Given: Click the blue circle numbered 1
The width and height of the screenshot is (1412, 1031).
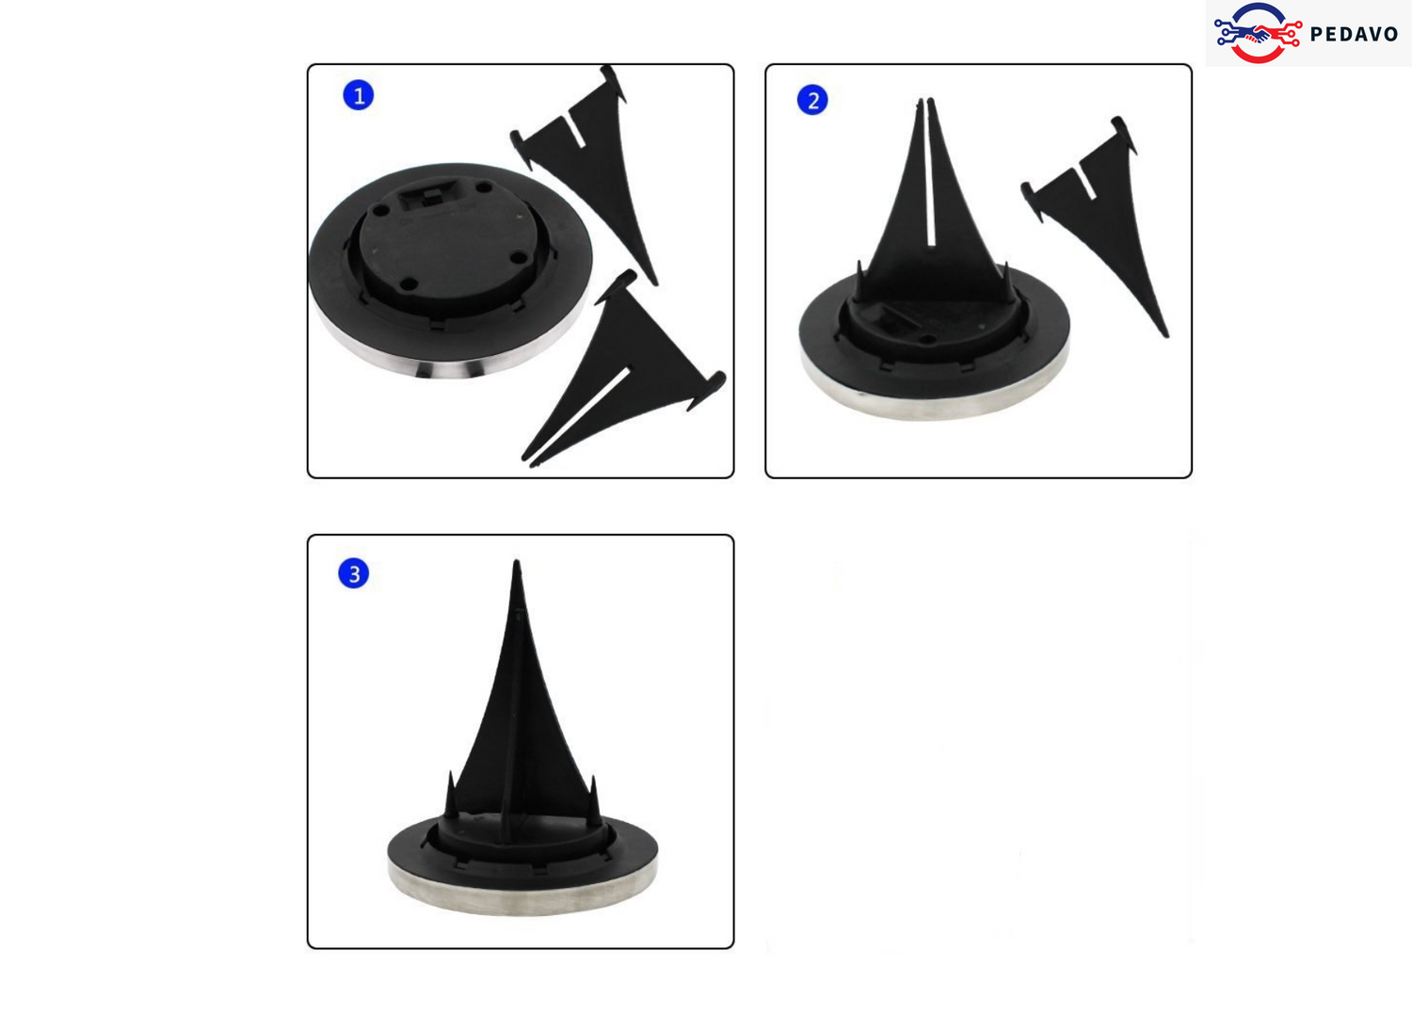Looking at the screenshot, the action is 358,95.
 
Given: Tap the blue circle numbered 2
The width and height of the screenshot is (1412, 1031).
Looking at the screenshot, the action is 812,100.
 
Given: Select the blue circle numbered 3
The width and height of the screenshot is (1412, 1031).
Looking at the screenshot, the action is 354,573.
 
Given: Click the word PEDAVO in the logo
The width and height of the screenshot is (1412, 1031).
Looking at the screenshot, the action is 1354,33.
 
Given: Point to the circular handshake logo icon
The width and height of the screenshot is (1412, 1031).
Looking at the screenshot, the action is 1259,33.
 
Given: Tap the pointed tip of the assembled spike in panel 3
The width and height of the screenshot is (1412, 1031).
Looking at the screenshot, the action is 516,561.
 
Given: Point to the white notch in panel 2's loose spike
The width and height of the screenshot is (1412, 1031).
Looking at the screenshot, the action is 1087,183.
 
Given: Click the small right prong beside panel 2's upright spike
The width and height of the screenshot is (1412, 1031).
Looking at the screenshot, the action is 1006,283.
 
